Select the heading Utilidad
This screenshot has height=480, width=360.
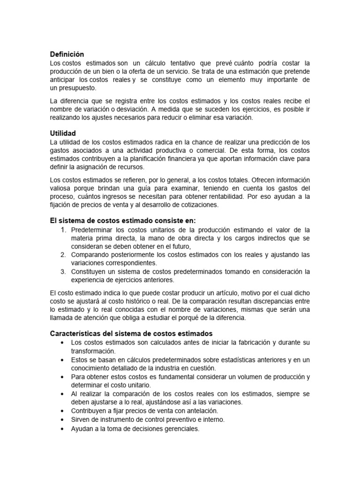[63, 134]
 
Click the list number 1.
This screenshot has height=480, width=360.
[63, 230]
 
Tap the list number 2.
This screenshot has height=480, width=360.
[63, 255]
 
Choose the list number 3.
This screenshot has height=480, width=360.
[63, 271]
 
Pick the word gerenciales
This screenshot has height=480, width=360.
[181, 428]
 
